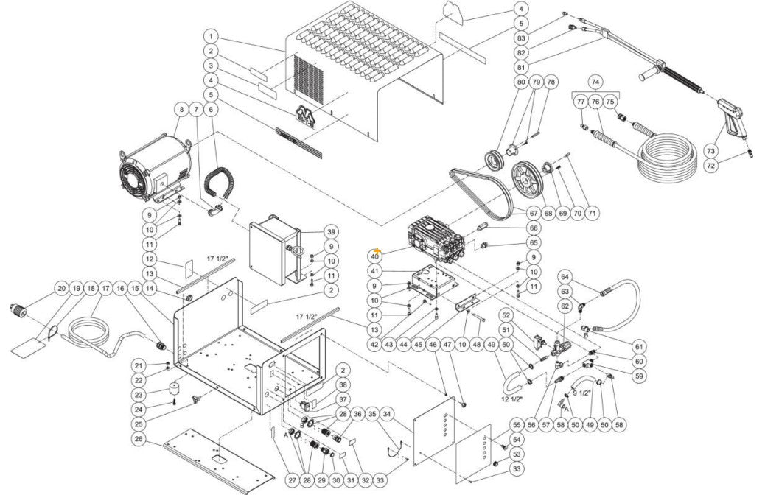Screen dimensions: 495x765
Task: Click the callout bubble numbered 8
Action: point(179,110)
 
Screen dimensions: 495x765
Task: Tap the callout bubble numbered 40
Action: point(375,256)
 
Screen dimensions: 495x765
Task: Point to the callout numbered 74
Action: point(595,82)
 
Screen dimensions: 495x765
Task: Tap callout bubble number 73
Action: point(710,151)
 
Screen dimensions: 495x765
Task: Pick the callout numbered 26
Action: point(138,440)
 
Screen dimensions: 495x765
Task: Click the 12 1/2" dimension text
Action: point(511,399)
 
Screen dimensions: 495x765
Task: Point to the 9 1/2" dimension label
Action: point(582,393)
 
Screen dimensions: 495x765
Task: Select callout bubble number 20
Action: point(62,288)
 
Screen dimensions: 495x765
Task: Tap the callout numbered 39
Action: point(332,232)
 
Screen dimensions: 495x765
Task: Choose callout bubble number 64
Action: point(565,277)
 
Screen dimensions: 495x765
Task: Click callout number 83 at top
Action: point(521,38)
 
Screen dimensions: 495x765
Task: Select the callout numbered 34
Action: point(388,415)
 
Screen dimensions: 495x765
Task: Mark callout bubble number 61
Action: point(639,346)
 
